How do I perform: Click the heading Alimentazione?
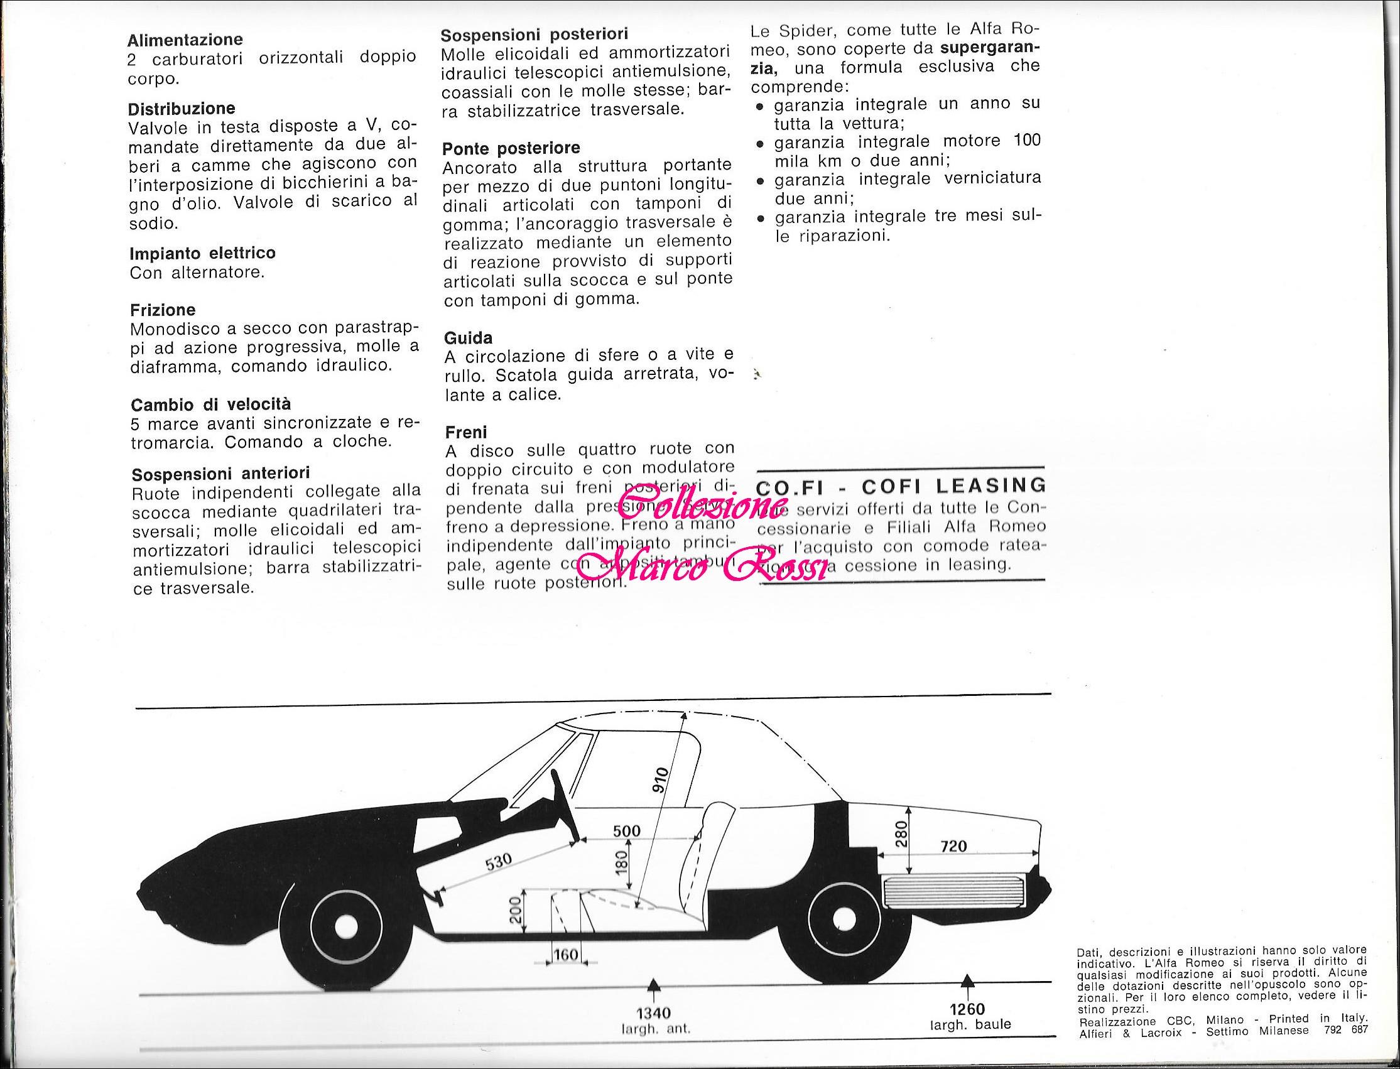(x=185, y=40)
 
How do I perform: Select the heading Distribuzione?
(x=182, y=108)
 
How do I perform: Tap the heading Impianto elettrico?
(x=202, y=253)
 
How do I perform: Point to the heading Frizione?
(x=162, y=310)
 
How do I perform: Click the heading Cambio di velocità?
(x=210, y=404)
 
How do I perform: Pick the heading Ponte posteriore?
(x=511, y=148)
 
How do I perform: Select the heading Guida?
(x=468, y=337)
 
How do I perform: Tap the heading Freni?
(x=466, y=432)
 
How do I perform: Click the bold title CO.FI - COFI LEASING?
(x=901, y=486)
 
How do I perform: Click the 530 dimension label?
(x=498, y=862)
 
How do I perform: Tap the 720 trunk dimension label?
(x=953, y=845)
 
